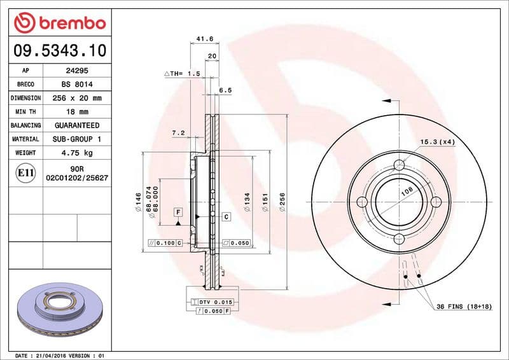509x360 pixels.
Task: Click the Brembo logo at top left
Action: coord(59,24)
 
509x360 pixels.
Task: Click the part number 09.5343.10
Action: coord(59,50)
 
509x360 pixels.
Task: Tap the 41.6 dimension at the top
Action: coord(204,39)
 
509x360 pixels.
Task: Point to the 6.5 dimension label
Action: coord(225,90)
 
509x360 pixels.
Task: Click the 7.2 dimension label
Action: coord(178,133)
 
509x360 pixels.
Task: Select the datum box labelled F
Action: coord(178,211)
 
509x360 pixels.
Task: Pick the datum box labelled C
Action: coord(226,217)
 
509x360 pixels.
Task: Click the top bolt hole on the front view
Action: coord(399,165)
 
